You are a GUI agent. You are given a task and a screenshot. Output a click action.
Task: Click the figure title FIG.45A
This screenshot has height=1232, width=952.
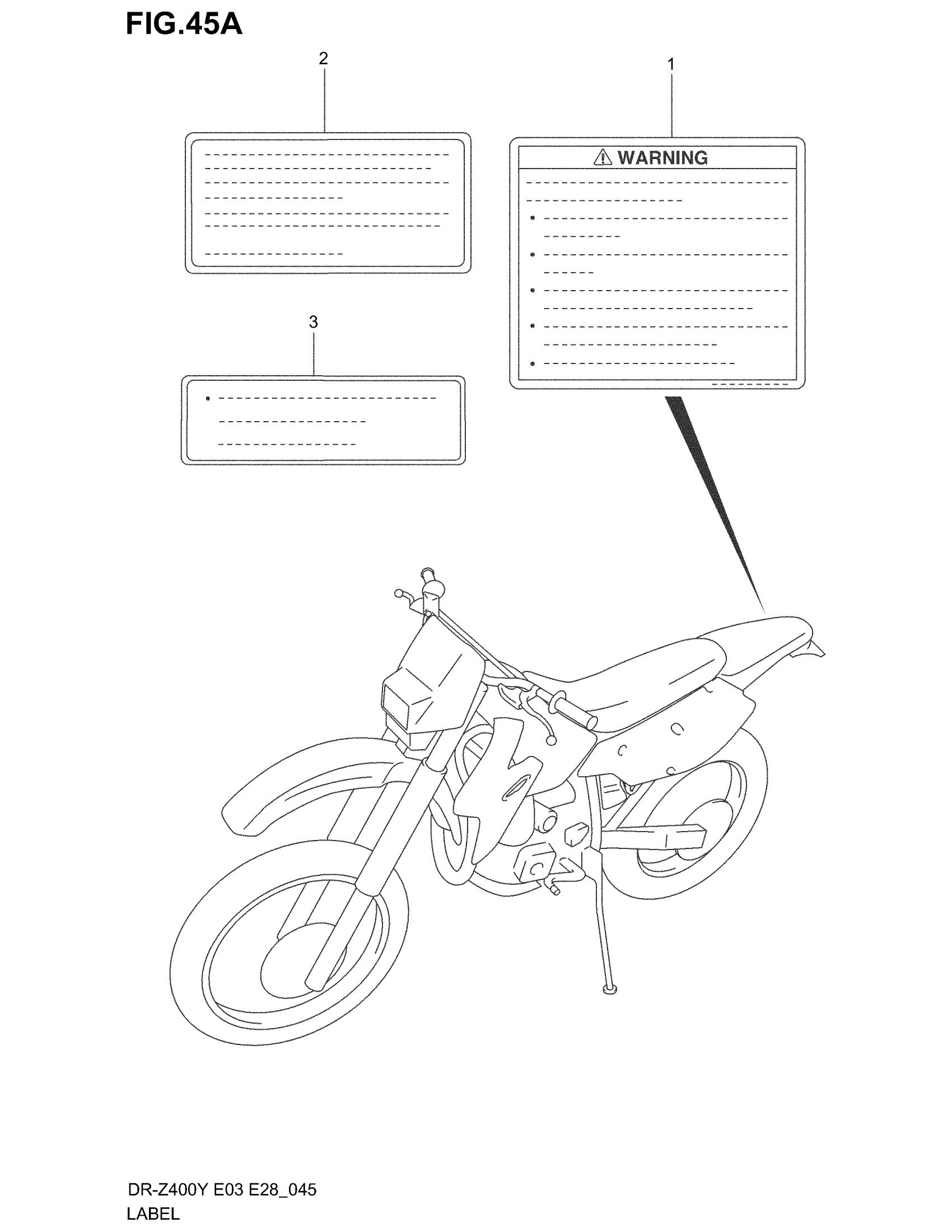184,24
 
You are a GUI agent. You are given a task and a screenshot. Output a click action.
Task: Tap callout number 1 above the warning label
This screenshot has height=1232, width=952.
670,64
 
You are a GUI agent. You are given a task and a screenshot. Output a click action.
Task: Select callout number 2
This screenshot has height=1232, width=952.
323,58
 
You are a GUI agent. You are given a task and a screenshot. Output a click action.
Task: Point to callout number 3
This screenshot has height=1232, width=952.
313,322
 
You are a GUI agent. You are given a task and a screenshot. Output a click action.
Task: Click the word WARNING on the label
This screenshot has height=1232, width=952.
662,157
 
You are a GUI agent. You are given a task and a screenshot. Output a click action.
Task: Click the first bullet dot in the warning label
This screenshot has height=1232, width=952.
533,218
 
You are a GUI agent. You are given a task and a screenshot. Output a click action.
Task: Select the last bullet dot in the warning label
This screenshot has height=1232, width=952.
533,363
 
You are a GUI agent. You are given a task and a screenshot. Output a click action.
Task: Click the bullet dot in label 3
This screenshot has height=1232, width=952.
208,399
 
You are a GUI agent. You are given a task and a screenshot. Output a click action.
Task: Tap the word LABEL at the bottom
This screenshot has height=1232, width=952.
153,1214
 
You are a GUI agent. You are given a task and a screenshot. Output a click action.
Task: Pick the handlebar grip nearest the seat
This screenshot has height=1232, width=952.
575,712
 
